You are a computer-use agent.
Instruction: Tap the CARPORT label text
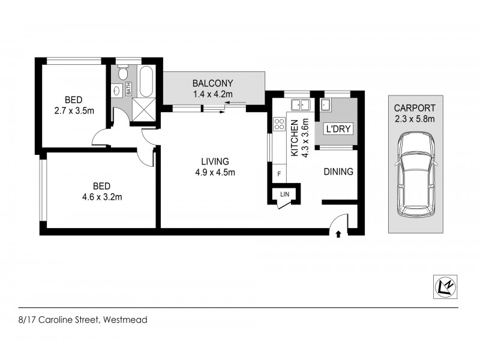click(415, 108)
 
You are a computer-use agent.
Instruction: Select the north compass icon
click(445, 287)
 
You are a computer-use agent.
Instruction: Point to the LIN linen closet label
click(284, 194)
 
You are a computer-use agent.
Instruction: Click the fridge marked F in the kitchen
click(278, 173)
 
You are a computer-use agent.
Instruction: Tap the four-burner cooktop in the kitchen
click(279, 125)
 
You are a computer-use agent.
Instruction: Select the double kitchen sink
click(298, 106)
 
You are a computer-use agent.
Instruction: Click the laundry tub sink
click(326, 106)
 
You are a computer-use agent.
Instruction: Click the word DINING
click(338, 172)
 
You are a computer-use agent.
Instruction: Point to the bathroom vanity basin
click(116, 91)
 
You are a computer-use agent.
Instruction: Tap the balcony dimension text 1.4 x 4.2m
click(212, 94)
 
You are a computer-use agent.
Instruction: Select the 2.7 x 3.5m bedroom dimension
click(74, 110)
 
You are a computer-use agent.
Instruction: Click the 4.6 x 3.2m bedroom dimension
click(103, 196)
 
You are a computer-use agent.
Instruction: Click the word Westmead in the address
click(125, 320)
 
